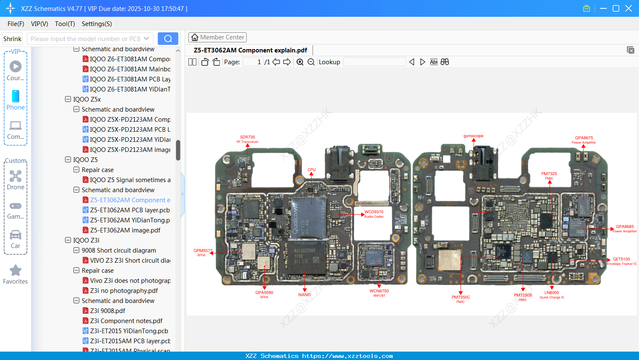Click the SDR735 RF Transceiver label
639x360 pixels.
[248, 139]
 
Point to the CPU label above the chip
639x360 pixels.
[311, 170]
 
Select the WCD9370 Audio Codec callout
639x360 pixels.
[374, 214]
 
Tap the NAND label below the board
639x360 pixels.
[305, 295]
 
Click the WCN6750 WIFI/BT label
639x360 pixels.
[379, 293]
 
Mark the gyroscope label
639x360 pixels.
[473, 136]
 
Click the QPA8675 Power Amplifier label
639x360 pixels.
[584, 140]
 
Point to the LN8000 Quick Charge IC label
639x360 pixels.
[552, 295]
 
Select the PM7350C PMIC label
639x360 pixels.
[461, 299]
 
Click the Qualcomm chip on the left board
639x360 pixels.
[309, 218]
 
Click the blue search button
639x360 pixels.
[168, 39]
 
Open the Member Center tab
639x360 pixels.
[217, 37]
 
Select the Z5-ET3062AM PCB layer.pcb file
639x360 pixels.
[130, 210]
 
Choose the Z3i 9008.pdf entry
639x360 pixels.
[107, 311]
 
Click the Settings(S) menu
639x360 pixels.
[97, 24]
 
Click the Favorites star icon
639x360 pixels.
[16, 271]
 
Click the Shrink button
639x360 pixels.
[12, 39]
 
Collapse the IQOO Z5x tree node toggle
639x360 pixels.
[68, 99]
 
